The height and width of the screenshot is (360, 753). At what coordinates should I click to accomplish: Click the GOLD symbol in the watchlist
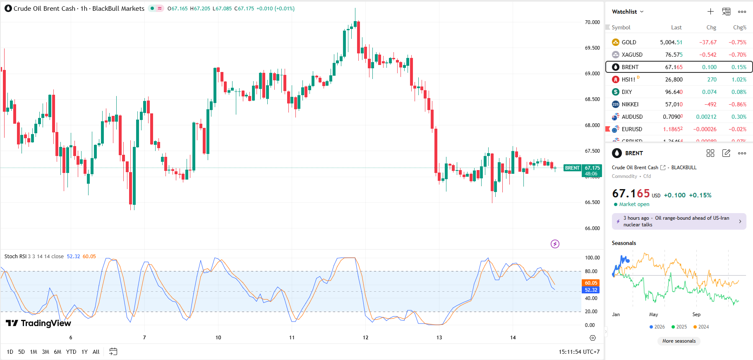click(x=628, y=42)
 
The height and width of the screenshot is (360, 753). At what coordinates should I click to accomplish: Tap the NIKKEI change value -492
click(x=710, y=104)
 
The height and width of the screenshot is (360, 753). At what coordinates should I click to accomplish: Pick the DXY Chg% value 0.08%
click(x=739, y=92)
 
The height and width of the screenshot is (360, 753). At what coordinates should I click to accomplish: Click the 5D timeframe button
click(x=22, y=352)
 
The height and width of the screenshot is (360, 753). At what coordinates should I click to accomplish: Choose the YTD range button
click(x=71, y=352)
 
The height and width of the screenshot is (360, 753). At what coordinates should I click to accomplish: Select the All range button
click(x=96, y=352)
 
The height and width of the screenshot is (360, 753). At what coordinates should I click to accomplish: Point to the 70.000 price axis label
click(x=592, y=22)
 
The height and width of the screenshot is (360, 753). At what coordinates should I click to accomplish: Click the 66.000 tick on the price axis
click(x=592, y=228)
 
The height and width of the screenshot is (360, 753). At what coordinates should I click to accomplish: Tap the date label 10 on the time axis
click(x=218, y=338)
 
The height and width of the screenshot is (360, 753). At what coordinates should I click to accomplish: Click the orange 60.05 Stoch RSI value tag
click(x=591, y=283)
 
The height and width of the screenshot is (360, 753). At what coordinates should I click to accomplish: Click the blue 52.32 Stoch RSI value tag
click(x=591, y=290)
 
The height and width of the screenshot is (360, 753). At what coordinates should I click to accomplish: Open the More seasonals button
click(x=679, y=341)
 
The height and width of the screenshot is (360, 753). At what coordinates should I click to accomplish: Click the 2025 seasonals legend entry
click(x=679, y=327)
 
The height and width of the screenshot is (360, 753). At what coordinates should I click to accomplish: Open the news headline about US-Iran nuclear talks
click(x=679, y=221)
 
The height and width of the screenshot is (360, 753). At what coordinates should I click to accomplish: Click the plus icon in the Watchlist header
click(x=710, y=12)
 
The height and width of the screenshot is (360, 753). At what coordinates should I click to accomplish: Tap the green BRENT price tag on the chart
click(x=572, y=168)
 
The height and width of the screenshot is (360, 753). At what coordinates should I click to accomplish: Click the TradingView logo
click(x=38, y=323)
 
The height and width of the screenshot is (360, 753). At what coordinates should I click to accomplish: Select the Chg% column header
click(x=739, y=27)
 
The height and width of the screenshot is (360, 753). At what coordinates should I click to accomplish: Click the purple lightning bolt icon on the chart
click(x=555, y=244)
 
